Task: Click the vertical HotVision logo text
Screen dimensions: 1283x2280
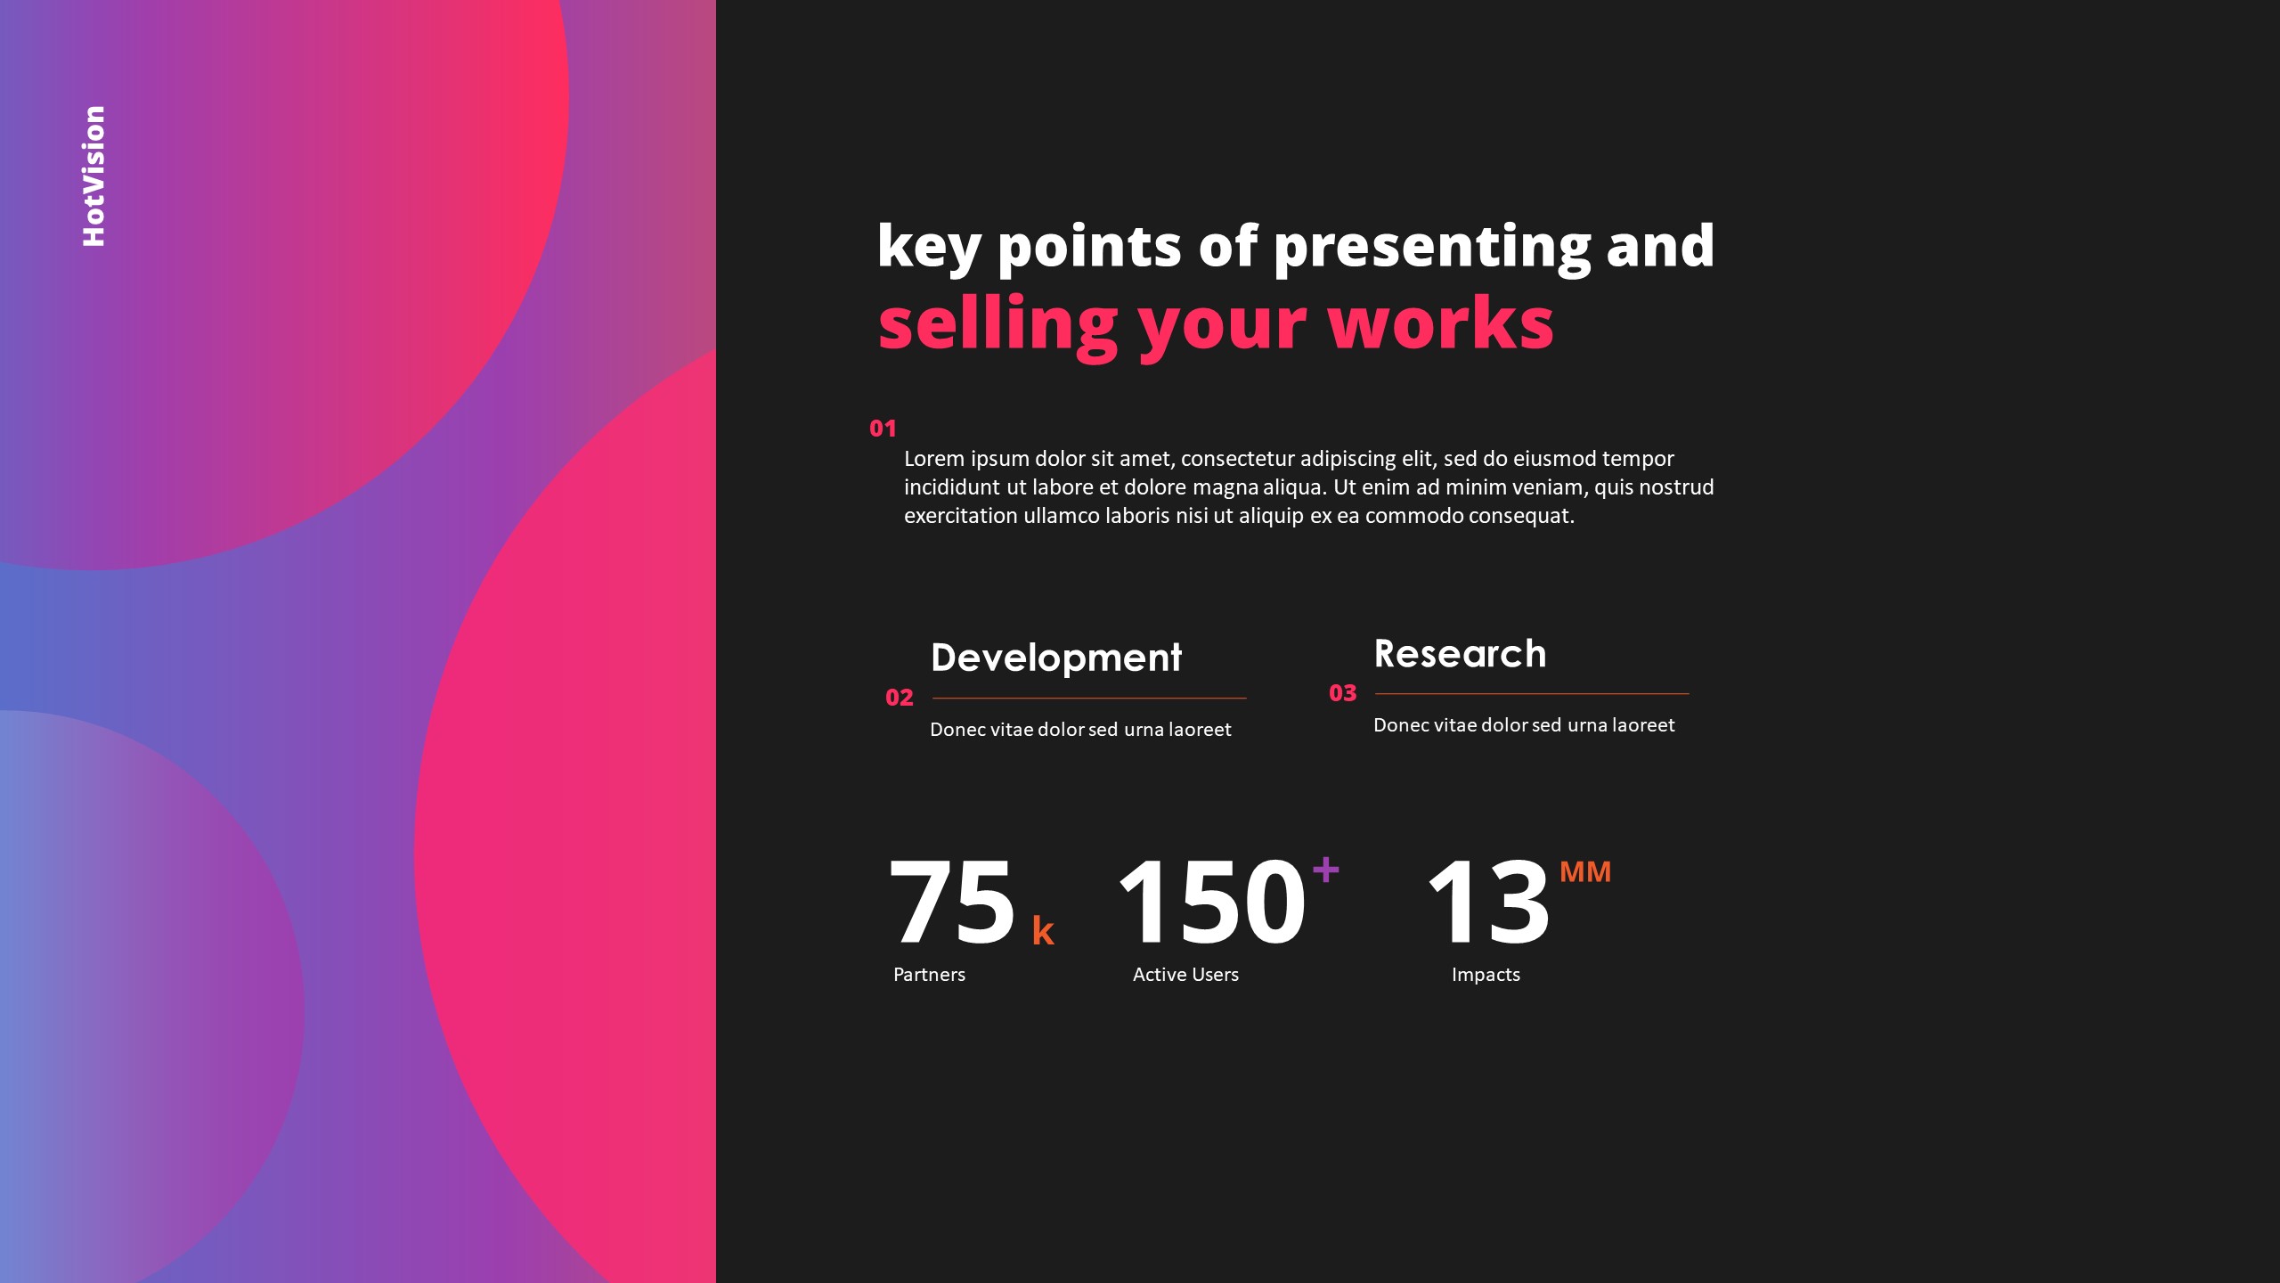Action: coord(94,176)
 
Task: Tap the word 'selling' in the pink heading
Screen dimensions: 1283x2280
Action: coord(997,324)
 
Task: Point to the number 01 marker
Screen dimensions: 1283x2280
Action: coord(883,429)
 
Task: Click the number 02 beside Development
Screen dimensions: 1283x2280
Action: coord(900,698)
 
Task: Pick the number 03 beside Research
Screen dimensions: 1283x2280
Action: coord(1342,693)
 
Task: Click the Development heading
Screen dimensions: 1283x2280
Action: coord(1055,658)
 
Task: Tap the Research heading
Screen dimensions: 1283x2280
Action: coord(1460,654)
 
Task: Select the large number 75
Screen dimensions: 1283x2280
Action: coord(951,902)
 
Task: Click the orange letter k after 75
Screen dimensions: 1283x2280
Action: coord(1043,931)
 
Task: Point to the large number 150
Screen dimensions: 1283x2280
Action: coord(1211,902)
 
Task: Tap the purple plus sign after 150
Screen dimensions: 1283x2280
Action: coord(1325,869)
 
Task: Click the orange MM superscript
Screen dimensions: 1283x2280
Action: coord(1585,871)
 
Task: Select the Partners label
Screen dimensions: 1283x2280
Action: coord(929,975)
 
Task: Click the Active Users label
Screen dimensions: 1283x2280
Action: coord(1185,975)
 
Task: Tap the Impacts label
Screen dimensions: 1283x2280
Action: coord(1486,975)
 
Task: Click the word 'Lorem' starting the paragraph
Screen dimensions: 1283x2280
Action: coord(933,459)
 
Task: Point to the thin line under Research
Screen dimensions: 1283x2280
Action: coord(1532,693)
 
